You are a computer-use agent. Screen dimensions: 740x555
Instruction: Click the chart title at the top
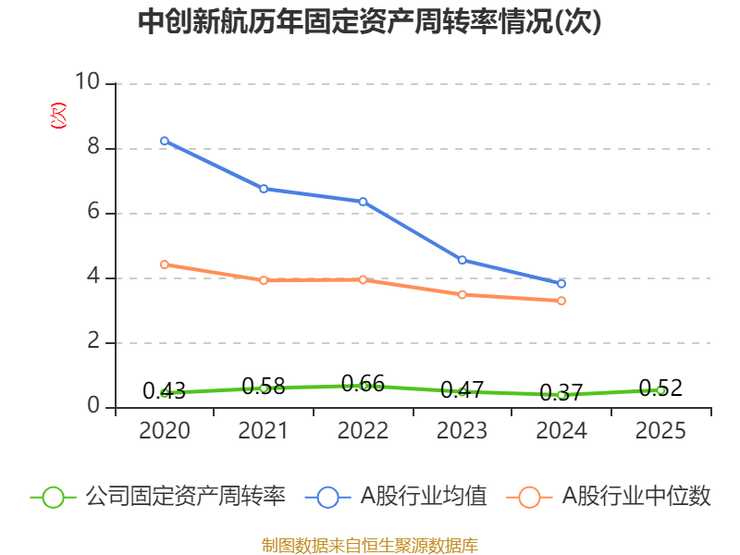tap(369, 21)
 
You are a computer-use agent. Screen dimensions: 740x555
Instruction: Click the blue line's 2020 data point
tap(165, 141)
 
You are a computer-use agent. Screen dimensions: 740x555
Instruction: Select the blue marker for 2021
tap(264, 189)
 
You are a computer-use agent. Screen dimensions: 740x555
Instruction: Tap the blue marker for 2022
tap(363, 202)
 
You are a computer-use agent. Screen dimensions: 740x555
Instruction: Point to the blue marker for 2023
tap(462, 260)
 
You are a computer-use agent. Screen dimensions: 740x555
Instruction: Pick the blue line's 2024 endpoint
tap(561, 284)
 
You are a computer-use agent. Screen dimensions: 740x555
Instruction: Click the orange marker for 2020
tap(165, 265)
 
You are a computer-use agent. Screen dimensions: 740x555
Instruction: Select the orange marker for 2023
tap(462, 295)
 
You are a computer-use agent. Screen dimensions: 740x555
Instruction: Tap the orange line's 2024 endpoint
tap(561, 301)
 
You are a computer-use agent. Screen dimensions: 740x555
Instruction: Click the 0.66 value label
tap(363, 384)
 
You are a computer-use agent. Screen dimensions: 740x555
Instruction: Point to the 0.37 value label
tap(561, 392)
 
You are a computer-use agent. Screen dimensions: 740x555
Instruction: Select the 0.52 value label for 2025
tap(660, 388)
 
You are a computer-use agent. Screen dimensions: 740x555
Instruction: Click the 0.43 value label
tap(165, 390)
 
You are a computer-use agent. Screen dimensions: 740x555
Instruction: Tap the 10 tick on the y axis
tap(88, 81)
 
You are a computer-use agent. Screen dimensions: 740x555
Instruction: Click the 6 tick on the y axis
tap(93, 211)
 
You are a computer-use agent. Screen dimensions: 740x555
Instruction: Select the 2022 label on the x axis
tap(363, 430)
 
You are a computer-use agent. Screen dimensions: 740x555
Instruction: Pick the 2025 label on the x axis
tap(660, 430)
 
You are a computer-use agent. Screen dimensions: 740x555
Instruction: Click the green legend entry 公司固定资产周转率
tap(158, 497)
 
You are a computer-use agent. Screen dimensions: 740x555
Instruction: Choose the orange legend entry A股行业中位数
tap(609, 497)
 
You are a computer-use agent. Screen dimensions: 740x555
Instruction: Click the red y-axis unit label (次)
tap(58, 116)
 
